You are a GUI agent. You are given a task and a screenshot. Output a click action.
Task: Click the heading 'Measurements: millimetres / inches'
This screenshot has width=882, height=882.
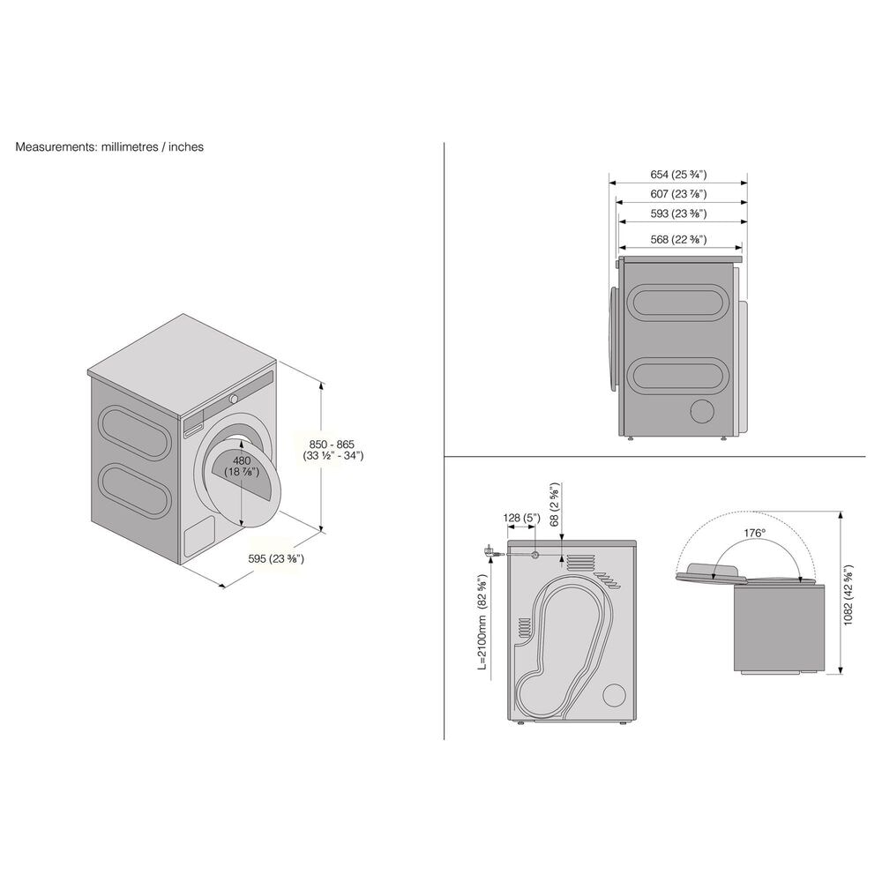tap(109, 147)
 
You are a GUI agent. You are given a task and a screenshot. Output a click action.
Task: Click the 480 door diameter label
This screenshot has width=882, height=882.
tap(243, 467)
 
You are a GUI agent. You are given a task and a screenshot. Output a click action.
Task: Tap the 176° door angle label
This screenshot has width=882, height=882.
tap(752, 533)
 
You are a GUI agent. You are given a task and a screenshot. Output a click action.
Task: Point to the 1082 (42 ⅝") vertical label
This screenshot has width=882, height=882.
tap(848, 594)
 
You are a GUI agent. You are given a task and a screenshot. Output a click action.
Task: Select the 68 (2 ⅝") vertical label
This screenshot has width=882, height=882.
tap(555, 505)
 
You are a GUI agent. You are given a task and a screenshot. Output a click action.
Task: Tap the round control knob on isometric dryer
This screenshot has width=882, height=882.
tap(234, 400)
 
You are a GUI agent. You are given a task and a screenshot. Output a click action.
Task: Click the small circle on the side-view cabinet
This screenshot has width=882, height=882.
tap(703, 412)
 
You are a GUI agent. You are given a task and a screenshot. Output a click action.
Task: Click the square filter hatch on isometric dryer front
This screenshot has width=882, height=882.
tap(198, 539)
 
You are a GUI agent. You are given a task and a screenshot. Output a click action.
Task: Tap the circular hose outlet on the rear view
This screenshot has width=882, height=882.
tap(536, 554)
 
